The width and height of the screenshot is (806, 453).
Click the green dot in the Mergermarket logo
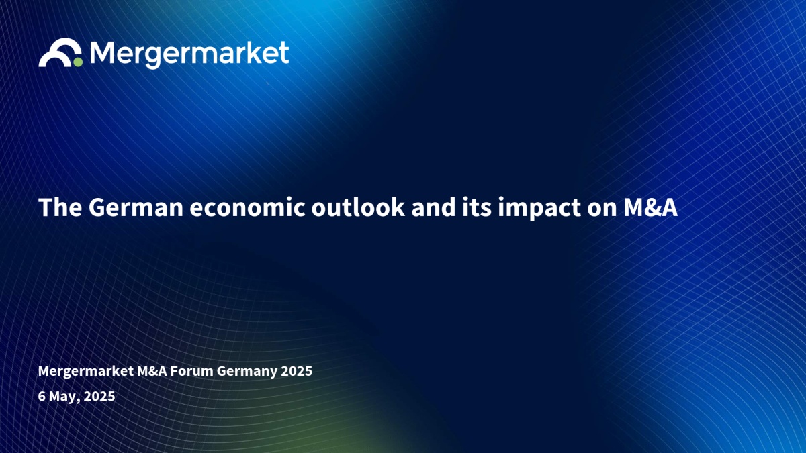(x=78, y=62)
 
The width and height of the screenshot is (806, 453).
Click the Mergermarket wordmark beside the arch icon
(x=189, y=54)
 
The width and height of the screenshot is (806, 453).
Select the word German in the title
(x=136, y=207)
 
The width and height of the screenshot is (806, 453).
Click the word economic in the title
(x=247, y=207)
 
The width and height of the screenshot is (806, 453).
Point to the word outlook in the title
(x=357, y=207)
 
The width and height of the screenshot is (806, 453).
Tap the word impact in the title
(x=539, y=209)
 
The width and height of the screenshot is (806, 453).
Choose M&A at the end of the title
(x=651, y=207)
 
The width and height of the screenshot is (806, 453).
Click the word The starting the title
(x=60, y=207)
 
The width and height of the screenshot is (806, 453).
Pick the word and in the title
(x=433, y=207)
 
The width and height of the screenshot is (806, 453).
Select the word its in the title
(x=477, y=207)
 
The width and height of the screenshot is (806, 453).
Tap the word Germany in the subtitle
(x=247, y=372)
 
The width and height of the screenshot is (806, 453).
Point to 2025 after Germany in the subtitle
(x=296, y=371)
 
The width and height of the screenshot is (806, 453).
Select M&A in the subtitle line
(x=152, y=371)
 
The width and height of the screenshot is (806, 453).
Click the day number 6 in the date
(x=42, y=396)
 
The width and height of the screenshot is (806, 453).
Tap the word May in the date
(x=62, y=397)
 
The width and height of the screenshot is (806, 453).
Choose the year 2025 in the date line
(x=99, y=396)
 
